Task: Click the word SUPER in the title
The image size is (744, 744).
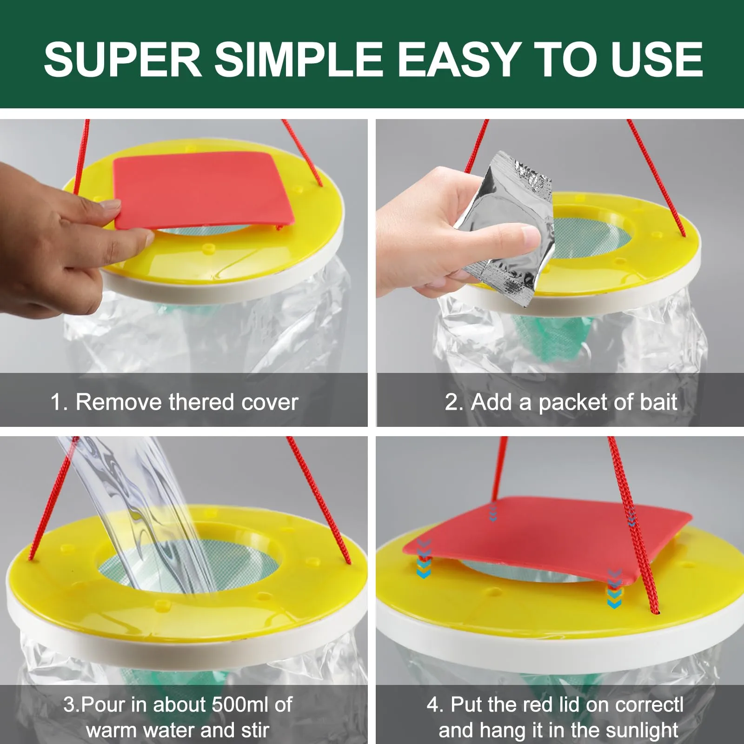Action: pyautogui.click(x=122, y=59)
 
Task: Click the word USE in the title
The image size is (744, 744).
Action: pyautogui.click(x=657, y=59)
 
